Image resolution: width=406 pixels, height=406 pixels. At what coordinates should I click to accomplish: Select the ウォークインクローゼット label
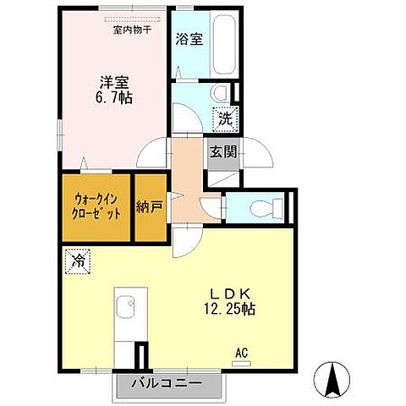pos(96,206)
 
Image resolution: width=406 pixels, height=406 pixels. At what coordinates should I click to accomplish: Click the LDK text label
pos(227,293)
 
